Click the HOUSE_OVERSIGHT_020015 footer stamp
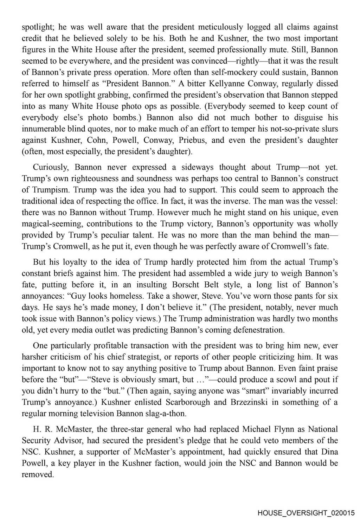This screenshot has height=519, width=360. click(x=306, y=513)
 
